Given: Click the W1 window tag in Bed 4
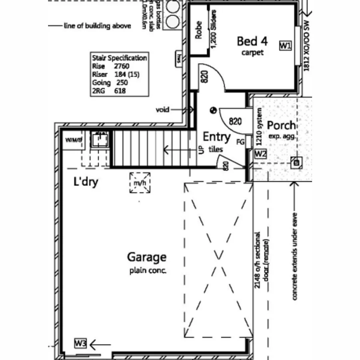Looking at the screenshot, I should point(285,46).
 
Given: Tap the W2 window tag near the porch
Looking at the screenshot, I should point(260,154).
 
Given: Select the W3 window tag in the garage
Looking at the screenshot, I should point(80,343).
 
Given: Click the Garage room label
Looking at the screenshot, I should point(147,257).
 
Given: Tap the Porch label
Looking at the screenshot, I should point(282,125).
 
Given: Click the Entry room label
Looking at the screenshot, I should point(216,137).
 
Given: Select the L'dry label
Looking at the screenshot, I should point(86,182).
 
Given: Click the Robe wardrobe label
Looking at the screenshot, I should point(198,30).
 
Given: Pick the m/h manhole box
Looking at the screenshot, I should point(140,183).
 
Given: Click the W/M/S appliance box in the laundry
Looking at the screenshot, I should point(73,140).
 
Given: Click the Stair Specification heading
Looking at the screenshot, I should point(119,58).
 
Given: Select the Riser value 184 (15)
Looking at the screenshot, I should point(126,74).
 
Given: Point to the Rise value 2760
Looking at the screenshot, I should point(122,66).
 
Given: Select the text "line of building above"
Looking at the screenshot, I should point(97,26).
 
